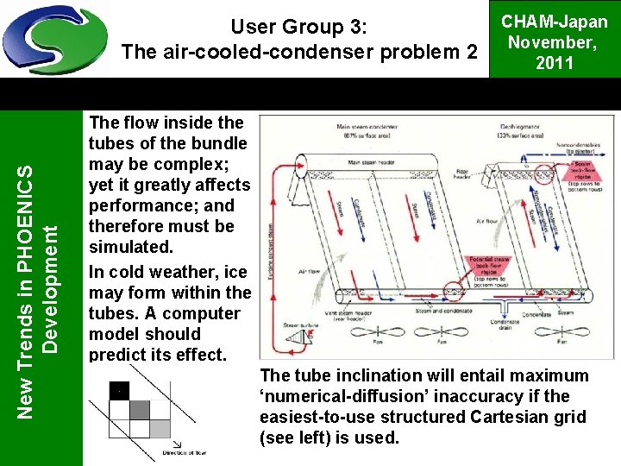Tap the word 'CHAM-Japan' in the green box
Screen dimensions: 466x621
(555, 22)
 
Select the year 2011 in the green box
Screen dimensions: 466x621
(555, 63)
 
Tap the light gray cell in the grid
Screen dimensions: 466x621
(159, 427)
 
